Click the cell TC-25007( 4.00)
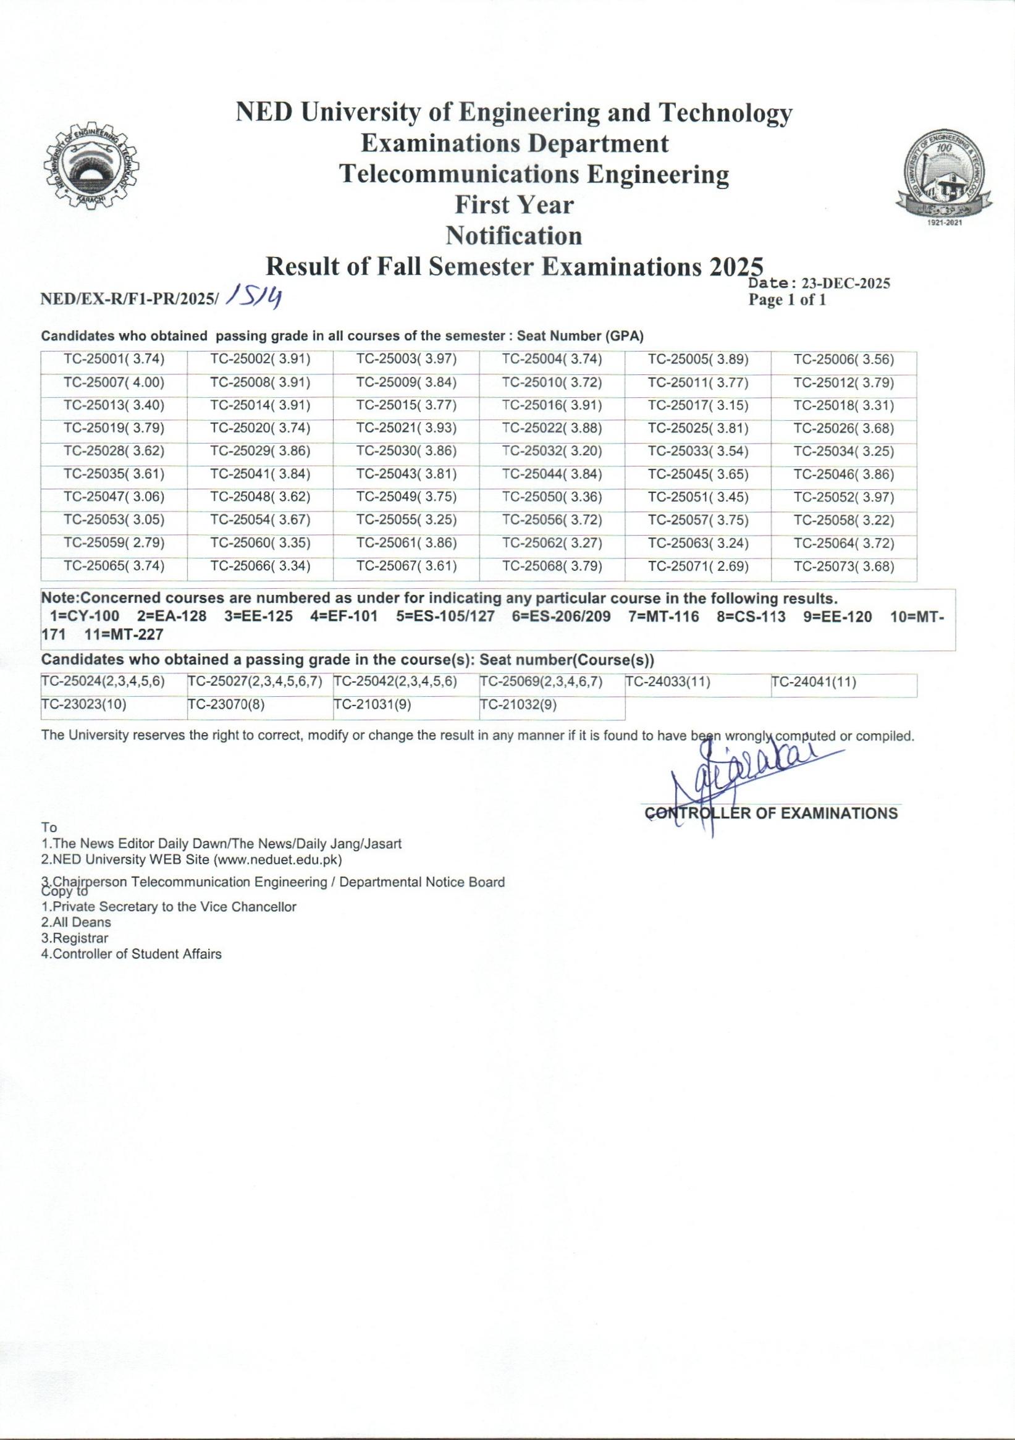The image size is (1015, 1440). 114,382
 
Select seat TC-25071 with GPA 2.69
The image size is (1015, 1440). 698,566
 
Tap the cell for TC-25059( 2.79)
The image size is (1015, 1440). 114,543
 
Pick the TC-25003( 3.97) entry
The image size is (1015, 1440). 406,360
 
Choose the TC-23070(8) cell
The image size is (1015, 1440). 226,704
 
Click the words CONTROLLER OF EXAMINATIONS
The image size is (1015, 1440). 771,814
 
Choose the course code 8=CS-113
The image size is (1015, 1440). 751,617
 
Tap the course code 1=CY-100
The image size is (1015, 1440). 84,617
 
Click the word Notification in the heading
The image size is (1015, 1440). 514,236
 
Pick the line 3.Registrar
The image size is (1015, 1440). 74,938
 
